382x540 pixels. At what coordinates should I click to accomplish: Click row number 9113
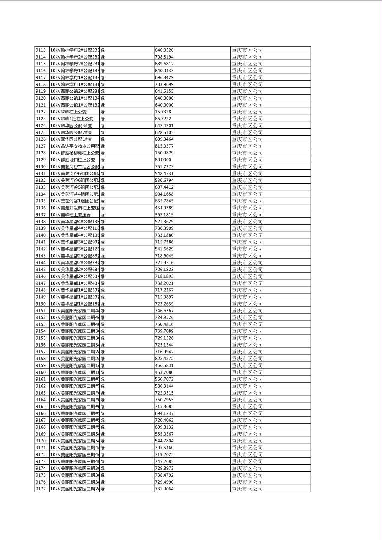(41, 50)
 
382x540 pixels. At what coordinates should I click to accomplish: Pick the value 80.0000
(163, 160)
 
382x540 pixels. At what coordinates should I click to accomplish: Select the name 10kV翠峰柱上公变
(69, 112)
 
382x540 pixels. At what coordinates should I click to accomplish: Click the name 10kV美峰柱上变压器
(71, 214)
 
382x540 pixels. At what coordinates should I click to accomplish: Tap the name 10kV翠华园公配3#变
(72, 125)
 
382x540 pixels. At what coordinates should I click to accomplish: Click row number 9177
(41, 489)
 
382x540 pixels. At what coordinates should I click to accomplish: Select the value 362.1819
(164, 214)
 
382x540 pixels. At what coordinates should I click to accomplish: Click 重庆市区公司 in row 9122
(247, 112)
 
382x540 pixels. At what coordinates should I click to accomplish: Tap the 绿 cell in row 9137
(103, 214)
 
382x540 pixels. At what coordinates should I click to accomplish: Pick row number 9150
(41, 304)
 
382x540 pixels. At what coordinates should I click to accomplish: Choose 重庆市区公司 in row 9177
(247, 489)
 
